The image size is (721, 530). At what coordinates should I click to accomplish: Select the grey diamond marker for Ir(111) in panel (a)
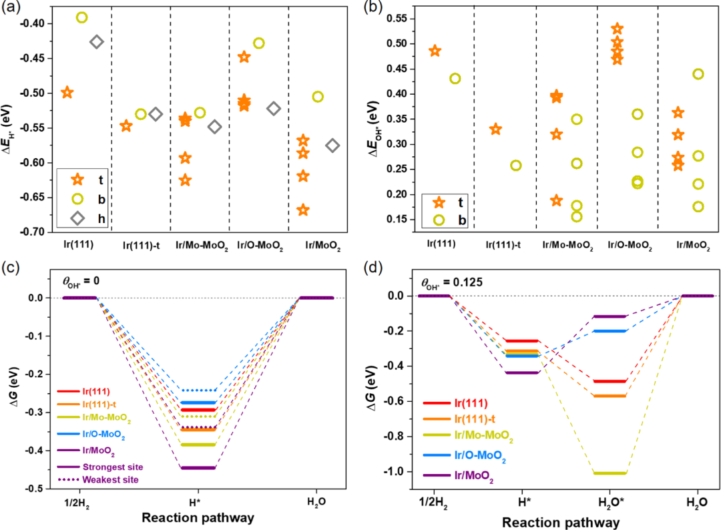click(96, 42)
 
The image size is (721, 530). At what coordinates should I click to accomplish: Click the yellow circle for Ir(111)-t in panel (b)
click(516, 166)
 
